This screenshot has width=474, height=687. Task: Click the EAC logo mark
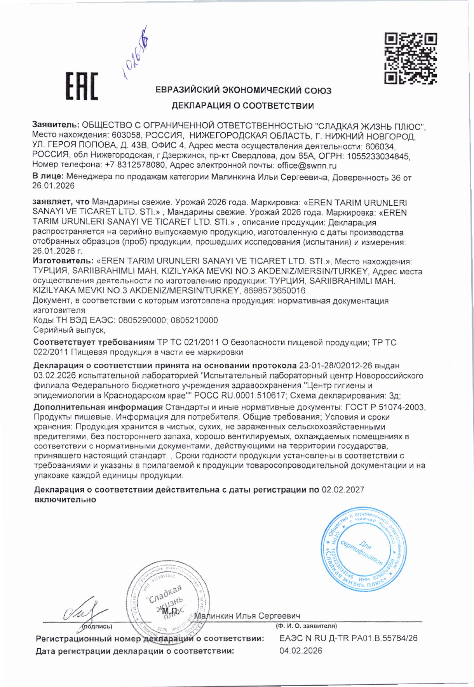pos(81,86)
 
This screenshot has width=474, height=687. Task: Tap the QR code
pos(411,59)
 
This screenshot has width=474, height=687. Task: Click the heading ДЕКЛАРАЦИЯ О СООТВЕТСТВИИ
pos(243,106)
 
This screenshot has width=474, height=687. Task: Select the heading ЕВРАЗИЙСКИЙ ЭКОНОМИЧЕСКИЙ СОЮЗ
pos(243,91)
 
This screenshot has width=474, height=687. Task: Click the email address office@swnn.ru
pos(307,166)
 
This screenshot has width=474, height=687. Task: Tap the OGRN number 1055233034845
pos(378,156)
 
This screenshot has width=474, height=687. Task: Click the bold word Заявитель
pos(56,125)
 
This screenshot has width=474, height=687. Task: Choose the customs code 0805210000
pos(194,321)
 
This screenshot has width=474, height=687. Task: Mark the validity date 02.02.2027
pos(343,490)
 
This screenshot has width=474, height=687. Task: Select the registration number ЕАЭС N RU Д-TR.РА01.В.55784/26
pos(349,638)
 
